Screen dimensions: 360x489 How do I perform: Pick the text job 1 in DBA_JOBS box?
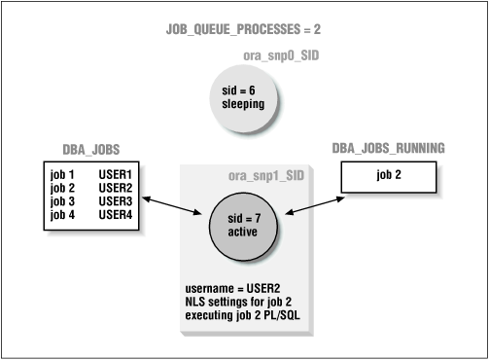point(63,175)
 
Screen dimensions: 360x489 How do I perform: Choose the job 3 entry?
point(63,200)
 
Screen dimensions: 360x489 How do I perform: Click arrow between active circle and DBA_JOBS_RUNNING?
point(311,202)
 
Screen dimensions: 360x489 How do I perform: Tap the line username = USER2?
point(232,291)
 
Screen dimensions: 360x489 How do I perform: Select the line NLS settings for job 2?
point(239,304)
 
